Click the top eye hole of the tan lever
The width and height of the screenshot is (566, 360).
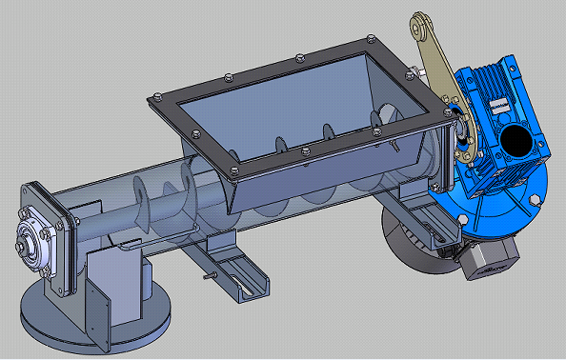point(419,21)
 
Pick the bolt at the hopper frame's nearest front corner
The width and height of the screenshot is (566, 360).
point(232,173)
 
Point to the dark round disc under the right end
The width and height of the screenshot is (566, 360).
point(405,238)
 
